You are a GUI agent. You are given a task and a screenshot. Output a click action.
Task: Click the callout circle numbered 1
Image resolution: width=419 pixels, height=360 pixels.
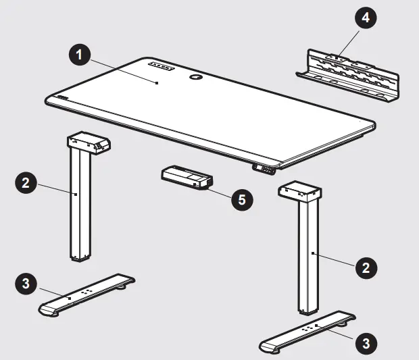79,55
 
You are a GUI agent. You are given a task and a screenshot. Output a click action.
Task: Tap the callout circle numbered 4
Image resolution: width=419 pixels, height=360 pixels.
366,18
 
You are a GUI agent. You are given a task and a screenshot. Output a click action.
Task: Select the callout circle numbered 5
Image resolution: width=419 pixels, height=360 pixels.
242,200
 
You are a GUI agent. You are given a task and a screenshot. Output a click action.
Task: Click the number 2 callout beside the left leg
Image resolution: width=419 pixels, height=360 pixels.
26,183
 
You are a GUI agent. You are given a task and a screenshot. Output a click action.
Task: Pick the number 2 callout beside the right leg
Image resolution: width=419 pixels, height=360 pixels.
366,268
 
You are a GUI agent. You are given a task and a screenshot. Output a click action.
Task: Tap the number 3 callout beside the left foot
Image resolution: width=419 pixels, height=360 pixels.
26,284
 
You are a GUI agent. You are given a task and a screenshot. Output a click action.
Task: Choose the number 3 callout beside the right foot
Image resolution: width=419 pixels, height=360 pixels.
366,343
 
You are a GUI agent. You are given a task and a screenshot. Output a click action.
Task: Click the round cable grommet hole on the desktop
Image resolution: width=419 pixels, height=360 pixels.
196,77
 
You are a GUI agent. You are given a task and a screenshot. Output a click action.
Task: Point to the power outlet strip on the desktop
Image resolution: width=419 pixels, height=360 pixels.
161,66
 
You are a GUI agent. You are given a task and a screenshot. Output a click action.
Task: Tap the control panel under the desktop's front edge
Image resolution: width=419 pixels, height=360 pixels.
264,169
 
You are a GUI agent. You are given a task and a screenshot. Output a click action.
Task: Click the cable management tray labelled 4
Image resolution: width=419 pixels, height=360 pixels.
347,76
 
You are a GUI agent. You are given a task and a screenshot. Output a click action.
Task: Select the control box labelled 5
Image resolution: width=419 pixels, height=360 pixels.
187,178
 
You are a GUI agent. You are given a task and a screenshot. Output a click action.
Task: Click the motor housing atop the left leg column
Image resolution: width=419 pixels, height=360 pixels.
89,143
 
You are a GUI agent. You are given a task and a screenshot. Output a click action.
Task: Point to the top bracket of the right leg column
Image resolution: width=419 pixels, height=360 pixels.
299,192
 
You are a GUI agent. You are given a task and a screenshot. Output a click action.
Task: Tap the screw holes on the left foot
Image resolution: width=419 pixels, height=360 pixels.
85,292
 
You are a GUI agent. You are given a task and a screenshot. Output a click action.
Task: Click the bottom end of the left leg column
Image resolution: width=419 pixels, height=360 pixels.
80,258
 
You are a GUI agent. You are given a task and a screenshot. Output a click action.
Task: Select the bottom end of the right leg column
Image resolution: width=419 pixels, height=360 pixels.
308,311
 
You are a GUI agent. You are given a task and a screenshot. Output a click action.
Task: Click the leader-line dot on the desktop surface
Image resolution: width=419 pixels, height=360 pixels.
157,83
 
